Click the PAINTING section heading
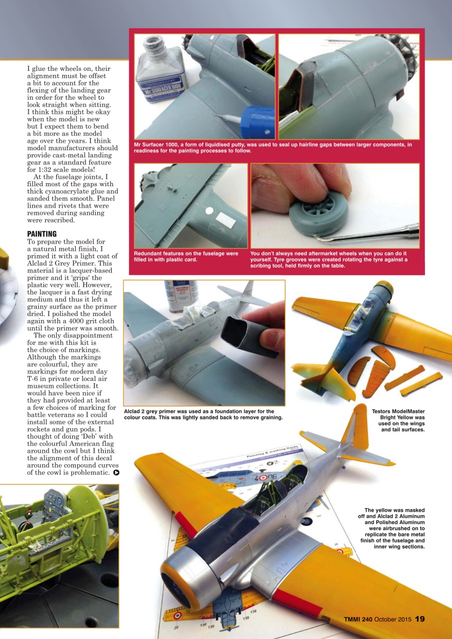pyautogui.click(x=42, y=234)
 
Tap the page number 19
pyautogui.click(x=420, y=619)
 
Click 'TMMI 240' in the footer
pyautogui.click(x=358, y=620)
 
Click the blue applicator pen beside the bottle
pyautogui.click(x=257, y=122)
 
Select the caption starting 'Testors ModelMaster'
pyautogui.click(x=398, y=420)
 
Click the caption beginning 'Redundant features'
pyautogui.click(x=186, y=256)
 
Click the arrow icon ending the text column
pyautogui.click(x=116, y=472)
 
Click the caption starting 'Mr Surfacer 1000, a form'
pyautogui.click(x=273, y=148)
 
